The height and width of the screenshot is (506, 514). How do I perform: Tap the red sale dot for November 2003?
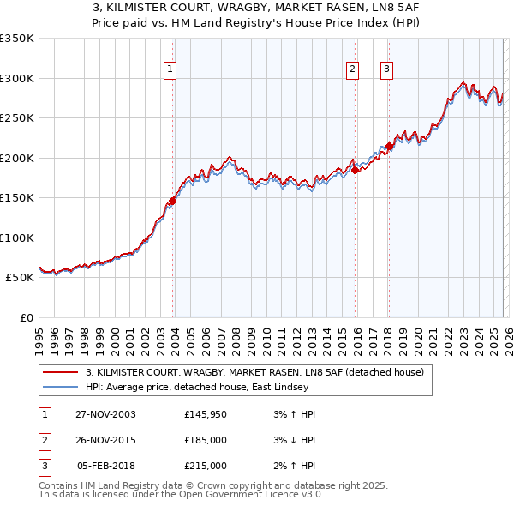pyautogui.click(x=172, y=201)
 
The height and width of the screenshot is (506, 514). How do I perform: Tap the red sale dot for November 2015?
pyautogui.click(x=355, y=170)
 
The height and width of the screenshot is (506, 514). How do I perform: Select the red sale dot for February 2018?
pyautogui.click(x=389, y=146)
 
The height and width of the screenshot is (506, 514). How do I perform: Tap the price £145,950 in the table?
pyautogui.click(x=205, y=414)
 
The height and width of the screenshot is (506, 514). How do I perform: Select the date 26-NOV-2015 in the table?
pyautogui.click(x=105, y=440)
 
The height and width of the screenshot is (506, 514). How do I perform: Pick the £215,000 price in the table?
pyautogui.click(x=205, y=466)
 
